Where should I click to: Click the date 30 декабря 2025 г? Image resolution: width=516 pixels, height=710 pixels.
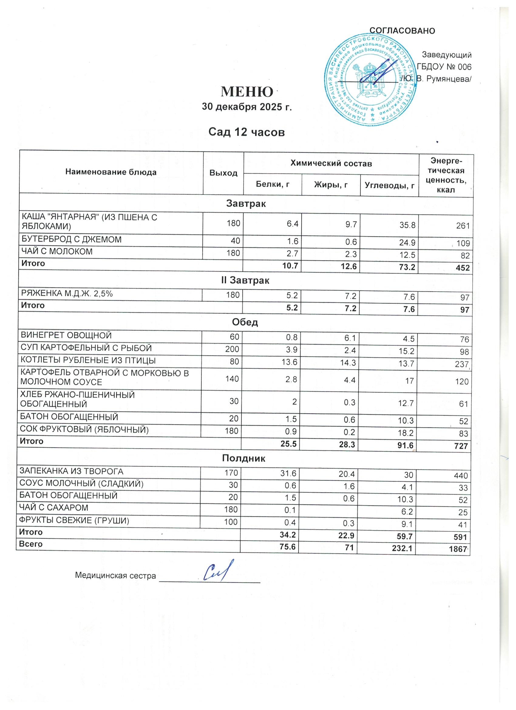coord(246,107)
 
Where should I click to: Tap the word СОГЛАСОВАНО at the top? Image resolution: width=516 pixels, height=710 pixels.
coord(402,31)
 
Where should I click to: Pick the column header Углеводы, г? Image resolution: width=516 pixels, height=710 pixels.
coord(390,186)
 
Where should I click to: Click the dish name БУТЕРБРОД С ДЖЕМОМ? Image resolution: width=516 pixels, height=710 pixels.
coord(71,240)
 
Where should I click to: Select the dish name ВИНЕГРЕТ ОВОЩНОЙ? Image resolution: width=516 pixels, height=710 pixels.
coord(66,336)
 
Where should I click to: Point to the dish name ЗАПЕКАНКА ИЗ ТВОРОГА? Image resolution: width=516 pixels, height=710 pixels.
coord(71,471)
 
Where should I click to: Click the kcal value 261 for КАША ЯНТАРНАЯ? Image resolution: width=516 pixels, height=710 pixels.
coord(463,225)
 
